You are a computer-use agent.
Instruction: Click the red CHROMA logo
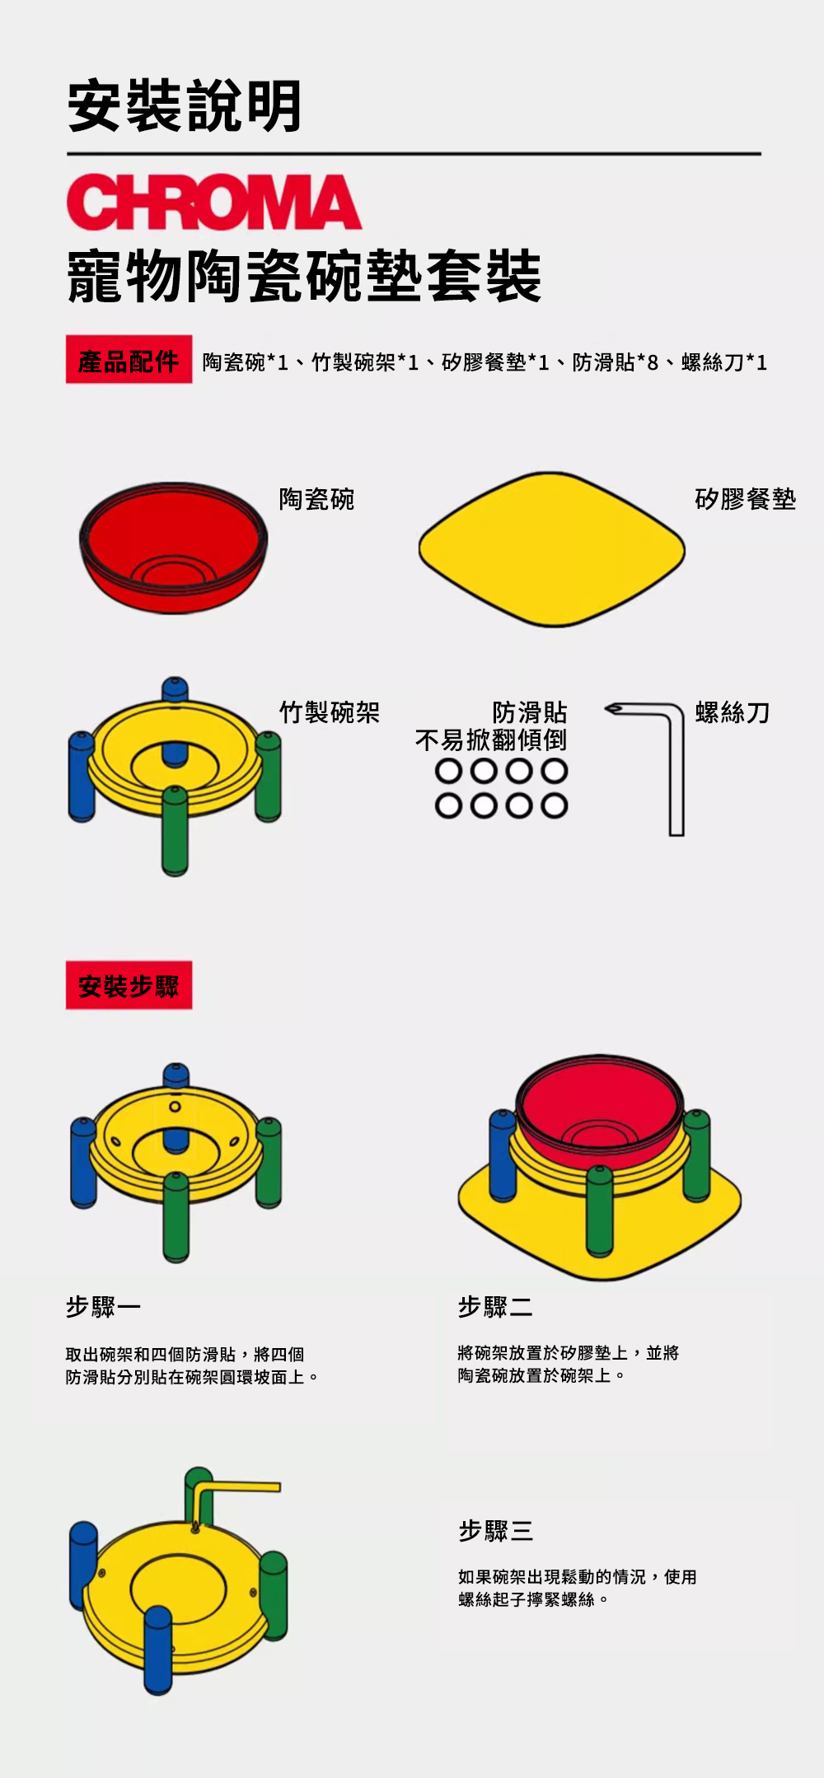pyautogui.click(x=214, y=201)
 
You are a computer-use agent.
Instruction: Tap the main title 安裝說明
pyautogui.click(x=185, y=106)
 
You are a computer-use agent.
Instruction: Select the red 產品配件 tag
pyautogui.click(x=129, y=360)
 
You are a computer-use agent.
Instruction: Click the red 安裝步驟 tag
pyautogui.click(x=129, y=985)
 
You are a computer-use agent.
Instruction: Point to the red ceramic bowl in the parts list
pyautogui.click(x=173, y=548)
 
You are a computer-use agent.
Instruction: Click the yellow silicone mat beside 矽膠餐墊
pyautogui.click(x=551, y=548)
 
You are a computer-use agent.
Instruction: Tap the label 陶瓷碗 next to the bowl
pyautogui.click(x=316, y=499)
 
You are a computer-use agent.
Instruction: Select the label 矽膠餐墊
pyautogui.click(x=746, y=499)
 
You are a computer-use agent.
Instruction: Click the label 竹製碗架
pyautogui.click(x=330, y=712)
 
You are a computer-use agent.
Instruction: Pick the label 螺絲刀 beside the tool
pyautogui.click(x=733, y=712)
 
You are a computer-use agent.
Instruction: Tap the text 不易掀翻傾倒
pyautogui.click(x=491, y=740)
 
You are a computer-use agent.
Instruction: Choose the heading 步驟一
pyautogui.click(x=104, y=1306)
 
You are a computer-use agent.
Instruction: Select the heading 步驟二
pyautogui.click(x=495, y=1306)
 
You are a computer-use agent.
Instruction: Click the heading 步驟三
pyautogui.click(x=495, y=1530)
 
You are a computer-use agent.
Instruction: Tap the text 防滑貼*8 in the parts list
pyautogui.click(x=616, y=362)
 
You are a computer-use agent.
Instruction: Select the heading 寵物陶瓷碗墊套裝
pyautogui.click(x=305, y=276)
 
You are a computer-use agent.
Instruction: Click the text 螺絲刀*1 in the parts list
pyautogui.click(x=724, y=362)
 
